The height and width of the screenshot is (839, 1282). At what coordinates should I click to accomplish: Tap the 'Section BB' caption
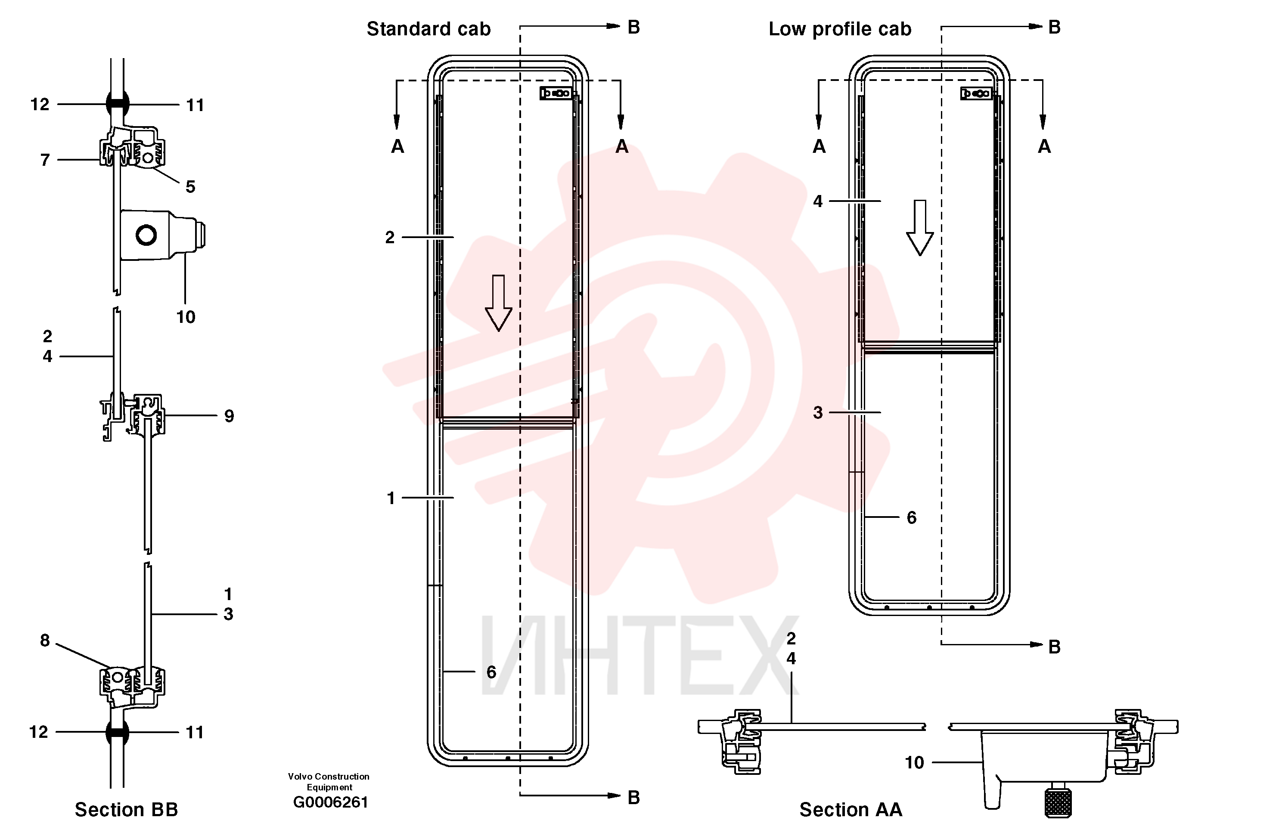click(x=126, y=809)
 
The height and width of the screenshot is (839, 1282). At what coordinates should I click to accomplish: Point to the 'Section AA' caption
click(x=851, y=809)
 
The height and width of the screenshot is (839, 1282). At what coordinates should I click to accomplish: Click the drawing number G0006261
click(x=330, y=802)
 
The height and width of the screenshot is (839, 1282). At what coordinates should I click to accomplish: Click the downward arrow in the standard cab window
click(x=498, y=303)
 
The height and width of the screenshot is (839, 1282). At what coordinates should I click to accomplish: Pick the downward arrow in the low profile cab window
click(x=920, y=228)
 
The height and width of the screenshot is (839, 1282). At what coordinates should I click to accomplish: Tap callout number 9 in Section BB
click(x=229, y=416)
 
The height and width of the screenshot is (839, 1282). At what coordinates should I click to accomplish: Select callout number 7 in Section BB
click(x=45, y=160)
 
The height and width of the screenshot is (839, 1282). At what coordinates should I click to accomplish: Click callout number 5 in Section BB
click(x=190, y=187)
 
